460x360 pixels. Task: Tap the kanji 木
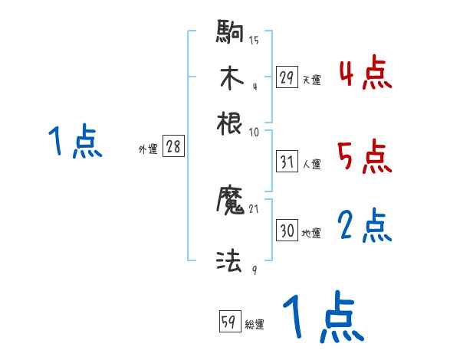[x=231, y=78]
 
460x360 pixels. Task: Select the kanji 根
[x=231, y=123]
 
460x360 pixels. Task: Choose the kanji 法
[x=231, y=261]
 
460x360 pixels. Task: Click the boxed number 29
[x=287, y=77]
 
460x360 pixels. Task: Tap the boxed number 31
[x=287, y=162]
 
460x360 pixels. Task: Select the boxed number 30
[x=287, y=231]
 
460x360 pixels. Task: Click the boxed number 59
[x=229, y=322]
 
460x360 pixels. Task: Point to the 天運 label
[x=311, y=80]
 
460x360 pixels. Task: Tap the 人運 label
[x=311, y=164]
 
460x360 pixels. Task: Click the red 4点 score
[x=365, y=74]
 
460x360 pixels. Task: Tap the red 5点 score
[x=365, y=158]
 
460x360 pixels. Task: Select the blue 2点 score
[x=365, y=226]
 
